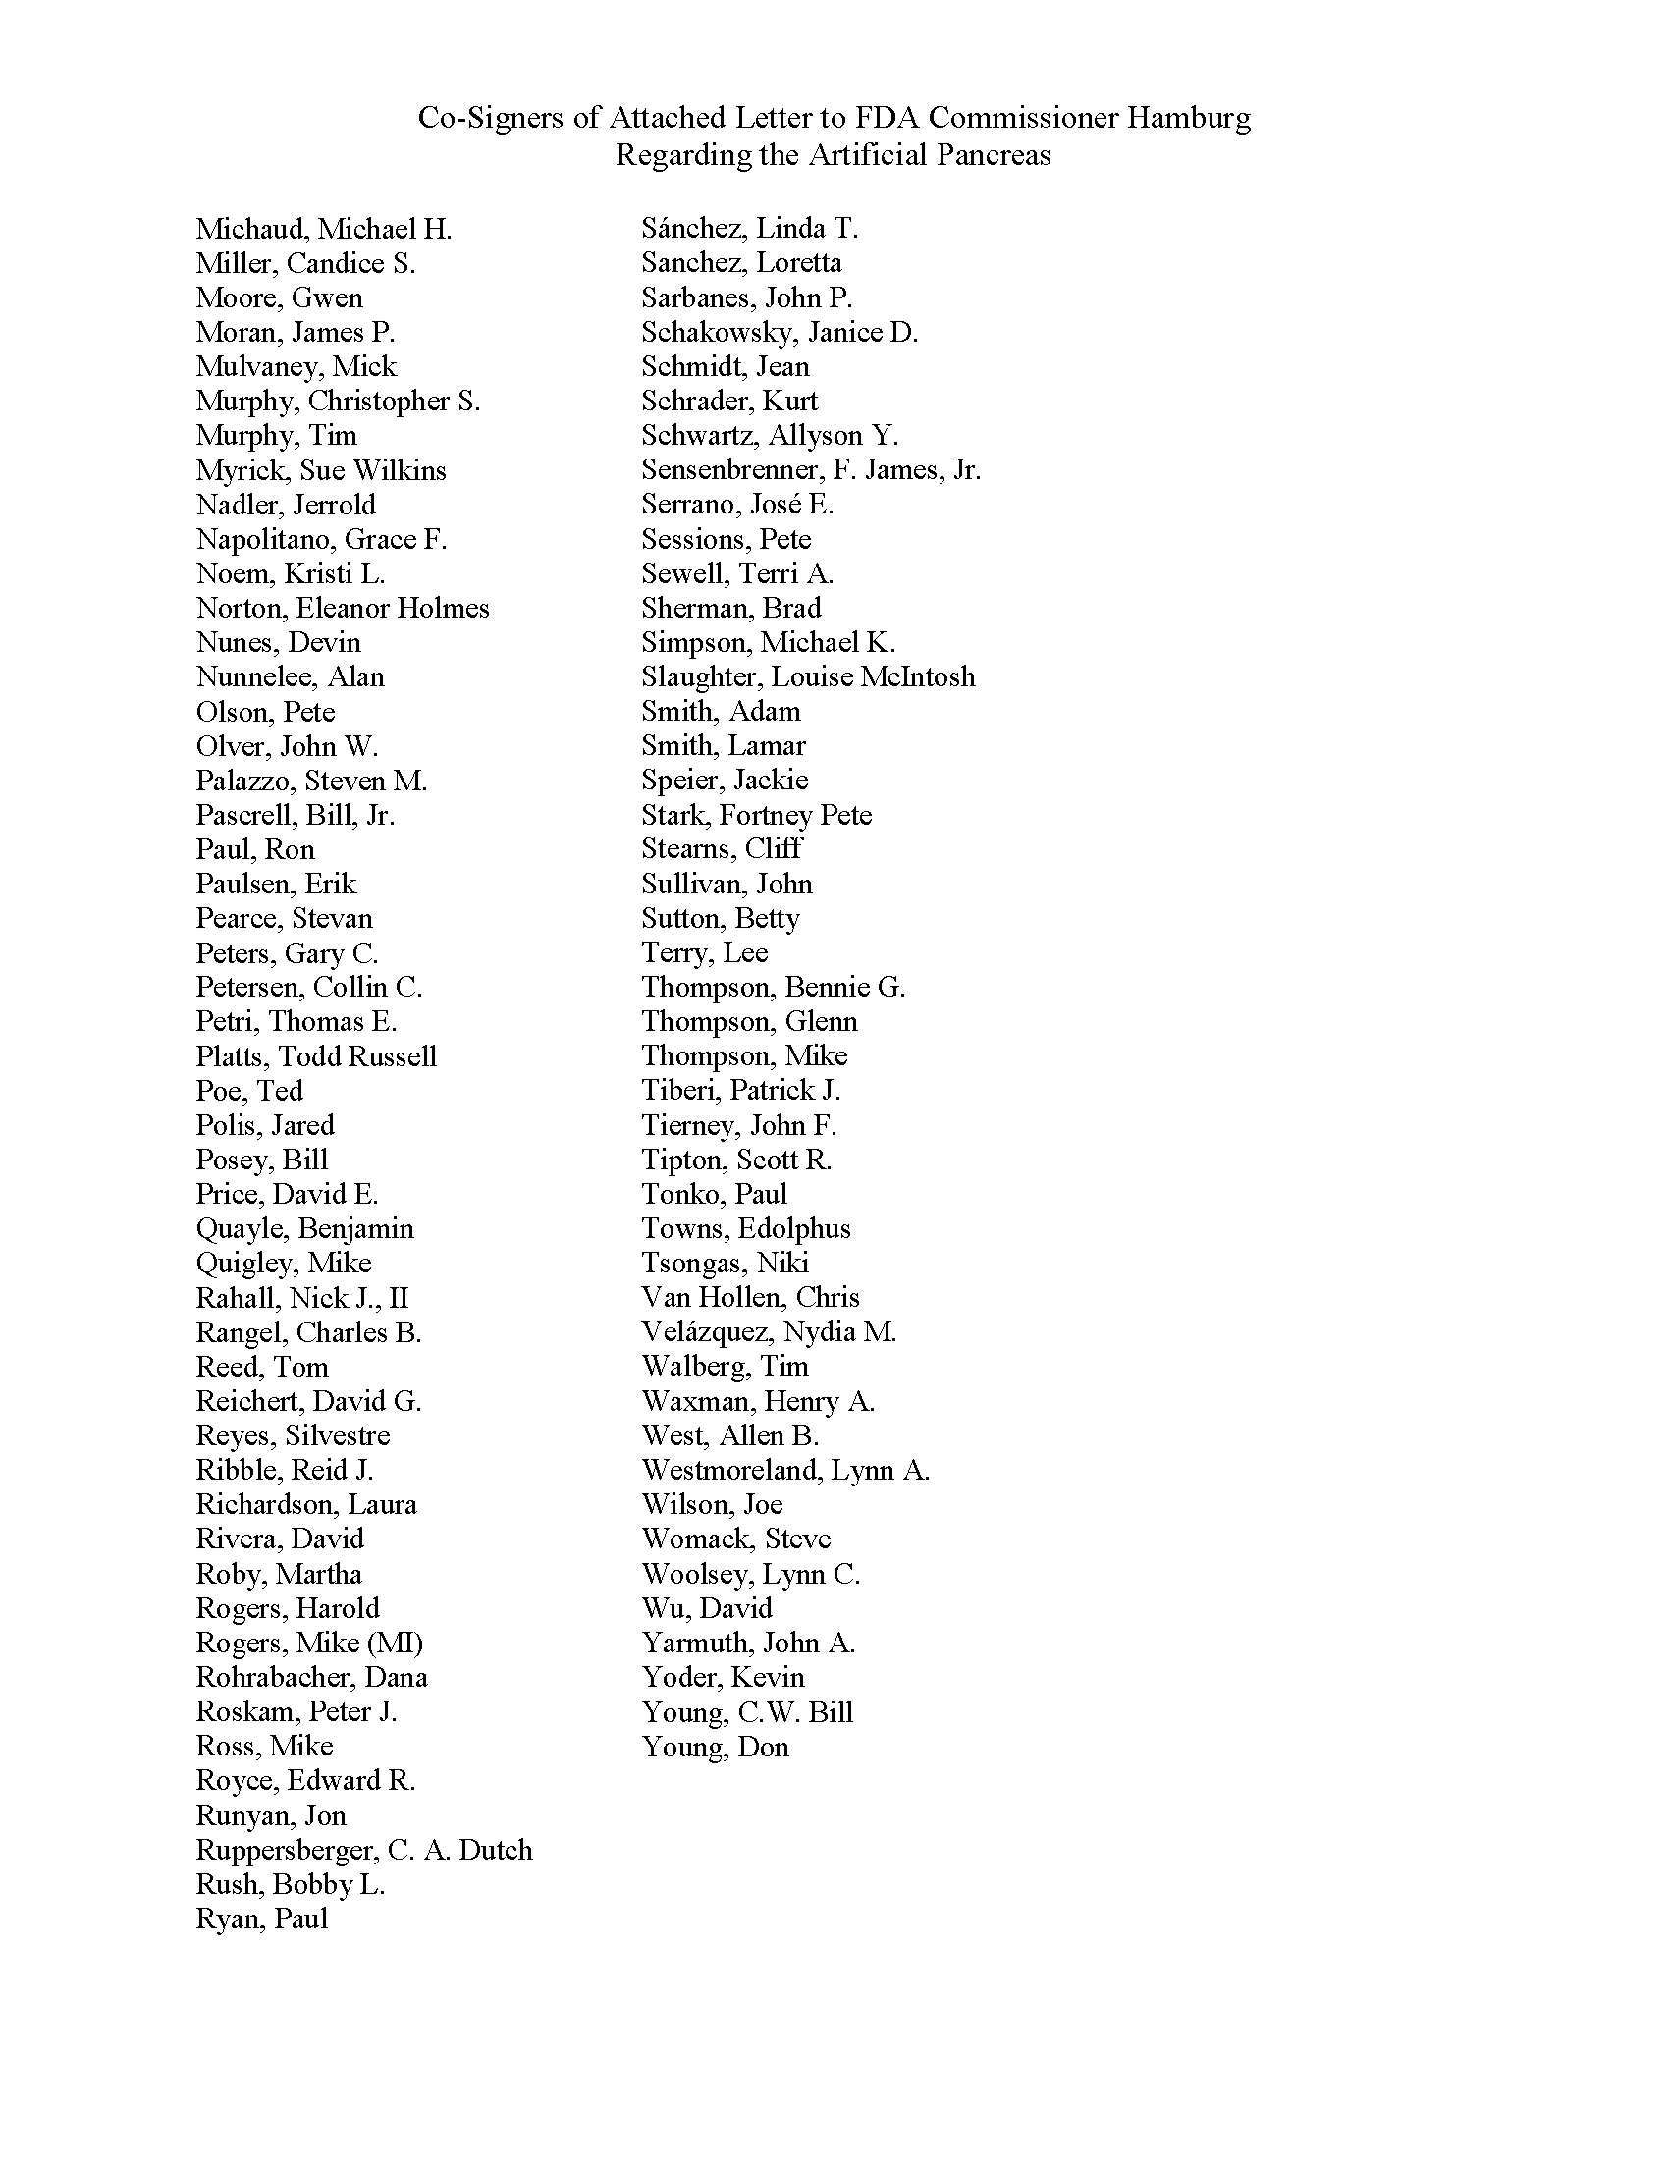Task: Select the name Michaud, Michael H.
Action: click(323, 230)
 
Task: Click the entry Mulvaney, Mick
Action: click(296, 367)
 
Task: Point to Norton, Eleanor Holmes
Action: click(342, 609)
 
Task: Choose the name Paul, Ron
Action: click(255, 849)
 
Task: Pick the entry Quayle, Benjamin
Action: click(304, 1228)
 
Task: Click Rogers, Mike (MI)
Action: click(308, 1643)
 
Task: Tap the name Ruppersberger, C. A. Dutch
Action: click(364, 1850)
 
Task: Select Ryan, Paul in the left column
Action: click(261, 1918)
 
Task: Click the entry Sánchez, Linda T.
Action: click(749, 229)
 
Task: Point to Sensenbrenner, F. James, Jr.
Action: click(811, 469)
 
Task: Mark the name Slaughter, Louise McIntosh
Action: click(808, 677)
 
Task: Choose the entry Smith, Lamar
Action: click(723, 746)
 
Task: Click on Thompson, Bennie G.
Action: click(774, 987)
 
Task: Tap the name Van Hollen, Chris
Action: click(750, 1298)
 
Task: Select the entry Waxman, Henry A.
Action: click(757, 1401)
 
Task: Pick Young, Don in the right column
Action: click(715, 1747)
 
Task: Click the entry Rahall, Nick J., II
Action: click(301, 1298)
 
